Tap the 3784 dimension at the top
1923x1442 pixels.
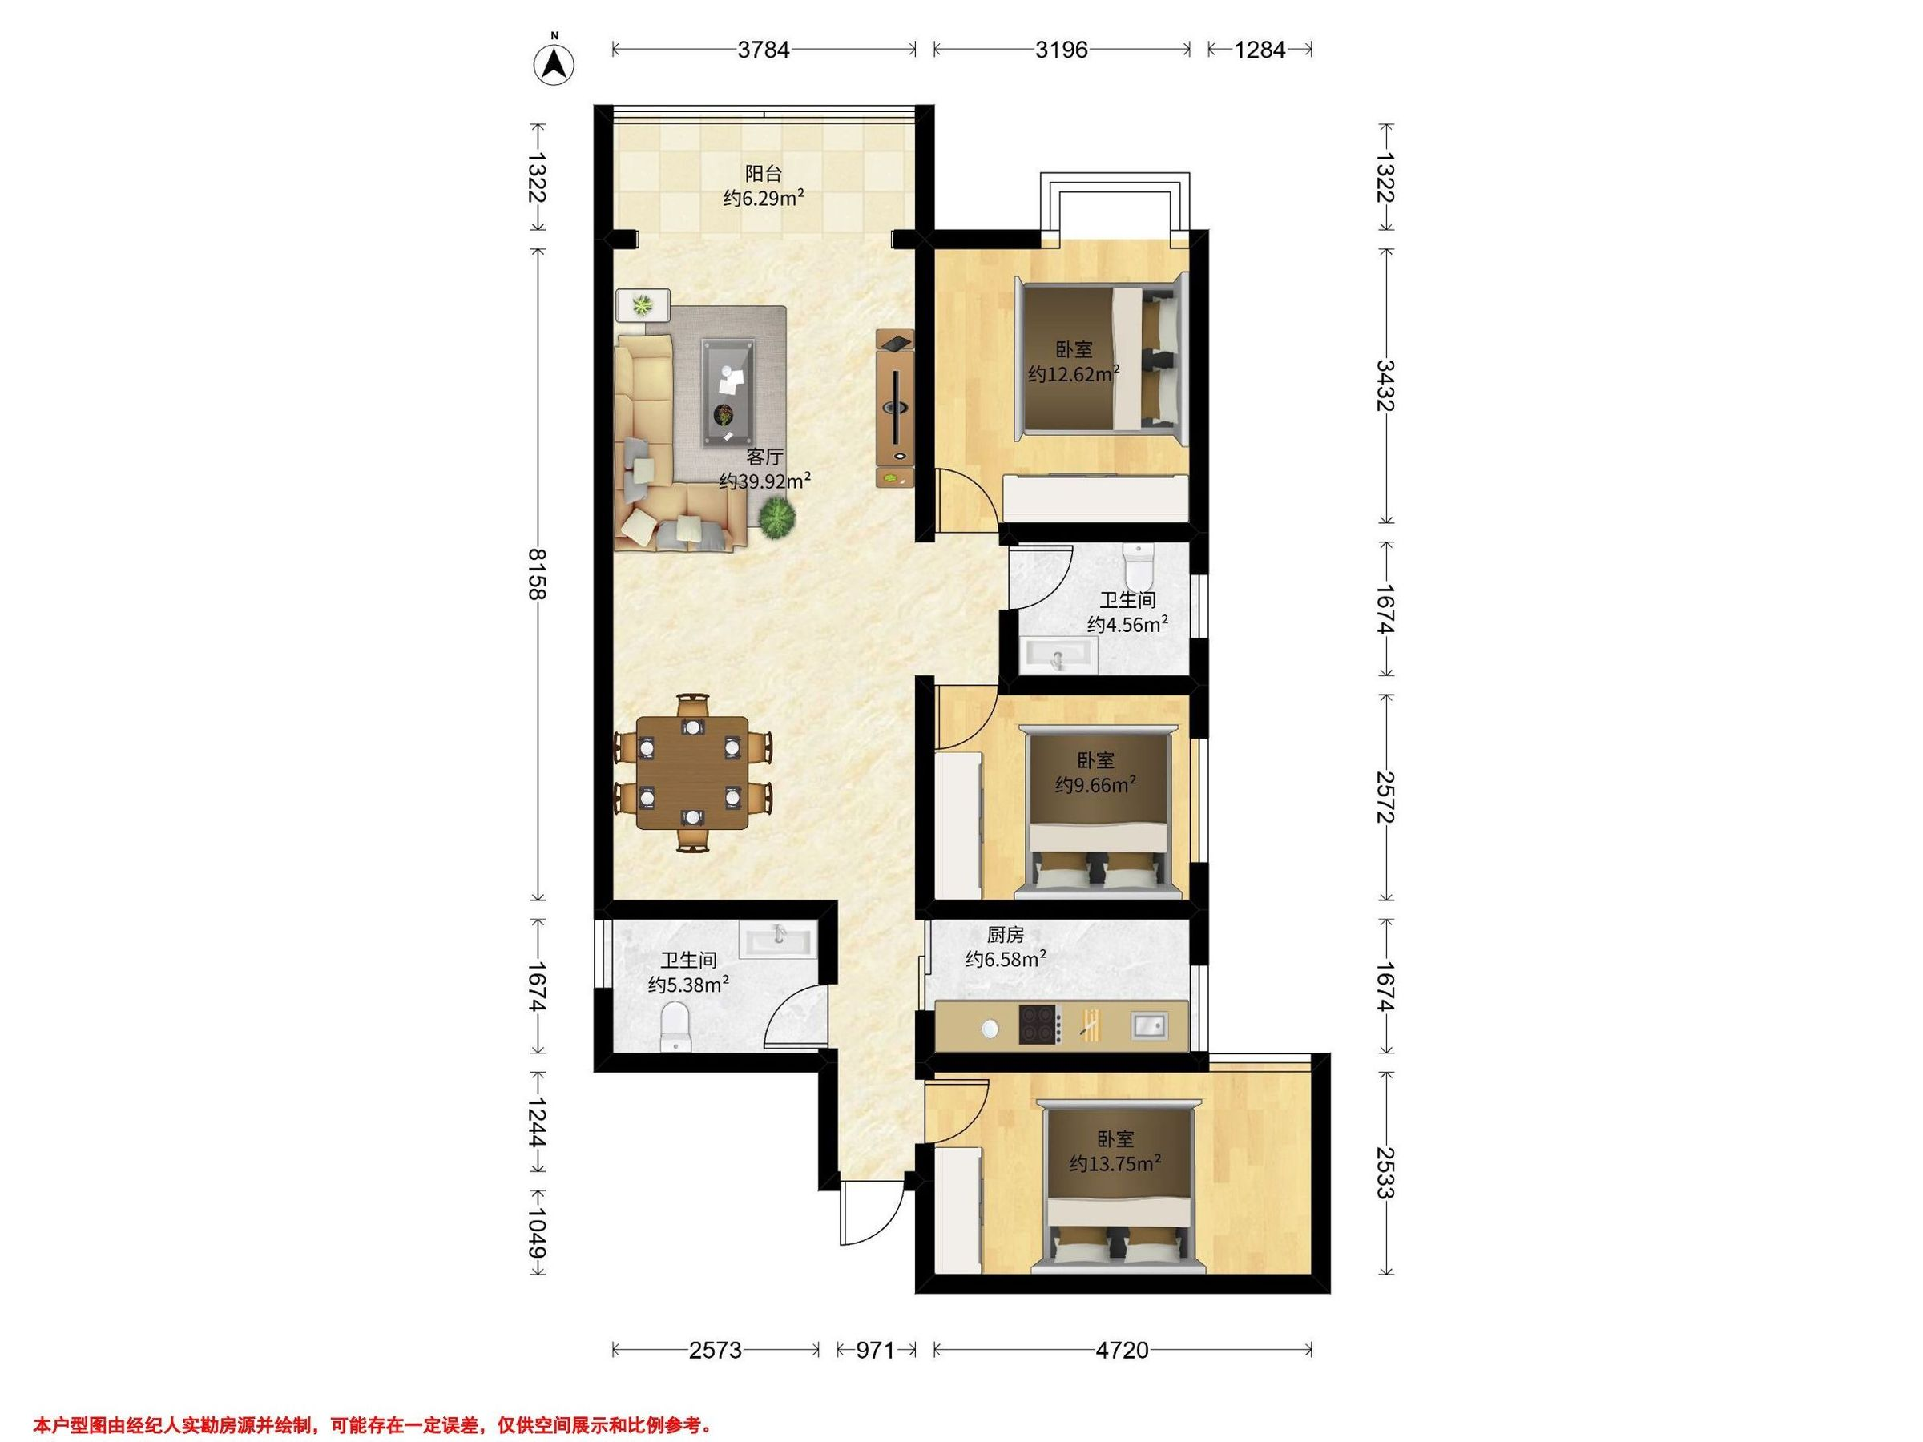[764, 50]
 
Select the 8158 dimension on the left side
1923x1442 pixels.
[538, 574]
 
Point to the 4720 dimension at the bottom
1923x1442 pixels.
[1123, 1350]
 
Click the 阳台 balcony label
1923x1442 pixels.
[763, 173]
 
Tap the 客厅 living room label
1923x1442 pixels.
[764, 457]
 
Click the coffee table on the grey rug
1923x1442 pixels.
[728, 392]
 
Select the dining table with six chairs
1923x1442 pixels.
[692, 771]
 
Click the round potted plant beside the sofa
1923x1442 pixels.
[776, 520]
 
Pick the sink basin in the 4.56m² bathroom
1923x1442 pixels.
[1058, 655]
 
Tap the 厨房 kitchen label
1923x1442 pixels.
[1005, 934]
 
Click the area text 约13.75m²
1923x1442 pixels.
[1115, 1163]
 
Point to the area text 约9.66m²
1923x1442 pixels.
[1095, 785]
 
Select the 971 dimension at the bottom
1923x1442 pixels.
[876, 1350]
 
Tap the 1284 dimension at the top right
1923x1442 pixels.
[1260, 50]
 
